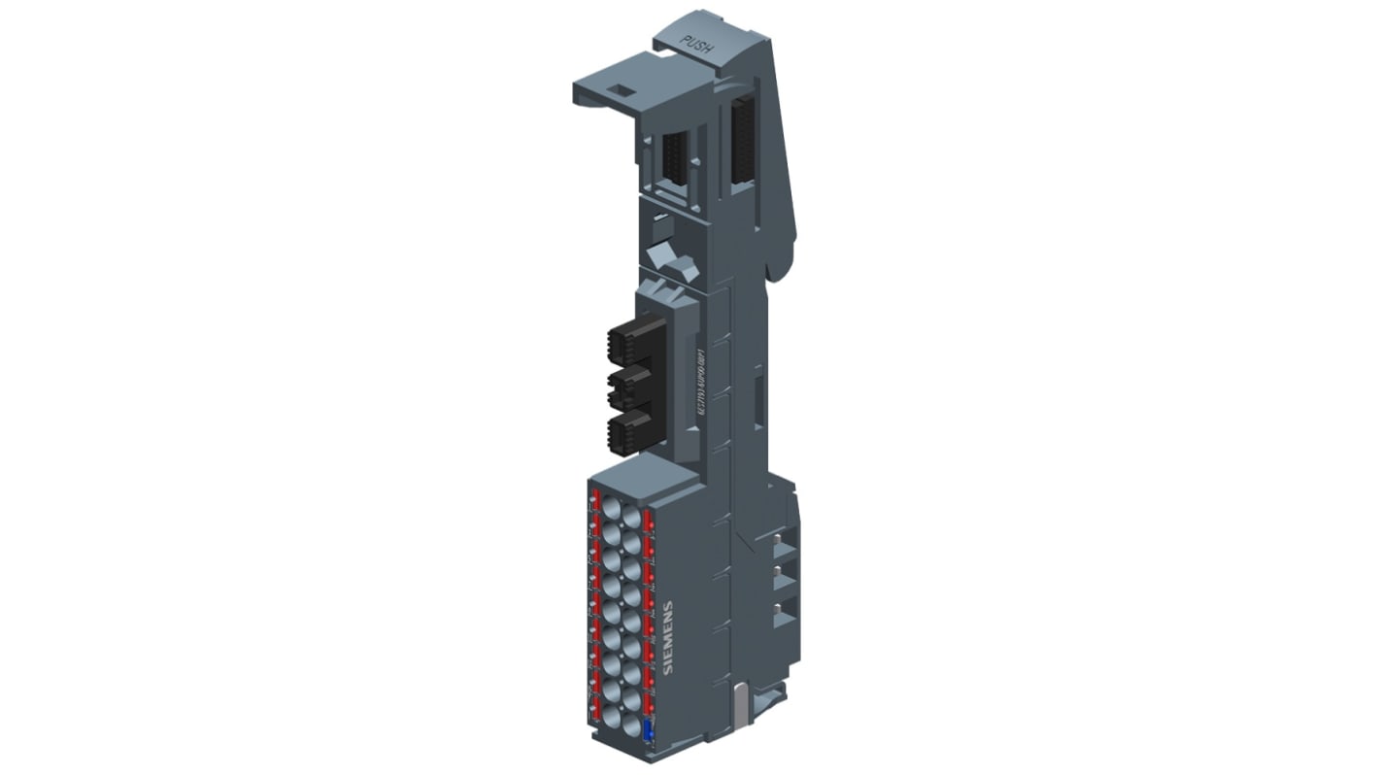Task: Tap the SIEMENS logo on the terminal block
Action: coord(667,637)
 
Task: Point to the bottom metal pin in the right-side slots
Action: coord(778,609)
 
